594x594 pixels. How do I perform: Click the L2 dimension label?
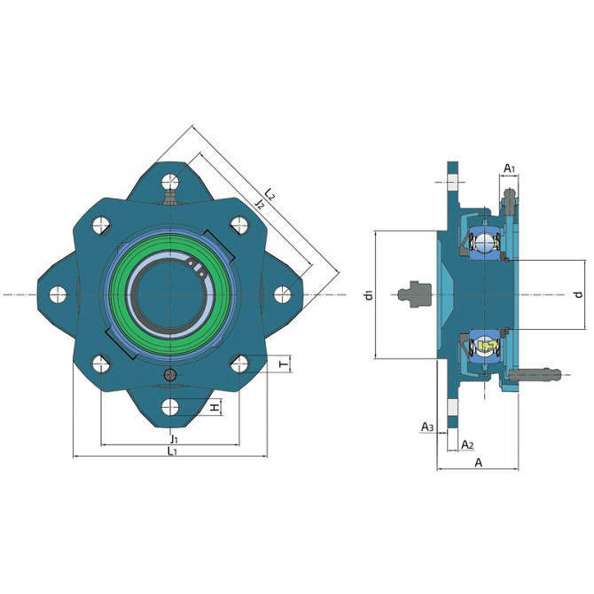pos(270,193)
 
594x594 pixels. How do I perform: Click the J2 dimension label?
pos(260,204)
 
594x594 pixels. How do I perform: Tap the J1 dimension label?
pos(174,439)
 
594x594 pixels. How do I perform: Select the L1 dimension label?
pos(172,450)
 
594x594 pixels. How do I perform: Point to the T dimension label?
pos(284,364)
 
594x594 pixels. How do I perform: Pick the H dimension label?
pos(215,408)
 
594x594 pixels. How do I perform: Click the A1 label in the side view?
pos(510,168)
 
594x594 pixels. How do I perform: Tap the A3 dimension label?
pos(427,427)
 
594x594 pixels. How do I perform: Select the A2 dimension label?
pos(467,444)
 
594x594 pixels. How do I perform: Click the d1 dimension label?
pos(369,294)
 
